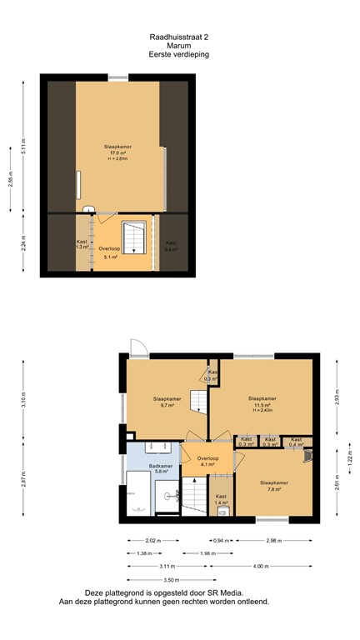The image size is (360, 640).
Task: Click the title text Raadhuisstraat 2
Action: [x=178, y=37]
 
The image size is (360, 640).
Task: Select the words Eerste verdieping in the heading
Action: [x=178, y=54]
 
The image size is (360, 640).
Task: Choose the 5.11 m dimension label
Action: [x=24, y=147]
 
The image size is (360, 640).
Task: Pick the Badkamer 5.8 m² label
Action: [x=160, y=469]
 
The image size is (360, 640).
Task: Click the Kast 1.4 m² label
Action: [x=221, y=501]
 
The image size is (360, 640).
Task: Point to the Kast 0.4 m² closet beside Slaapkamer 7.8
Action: [x=296, y=442]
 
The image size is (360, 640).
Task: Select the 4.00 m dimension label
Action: [x=262, y=566]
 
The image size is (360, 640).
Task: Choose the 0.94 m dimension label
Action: [x=221, y=540]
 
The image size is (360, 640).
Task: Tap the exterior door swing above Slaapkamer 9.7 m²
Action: [x=137, y=347]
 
